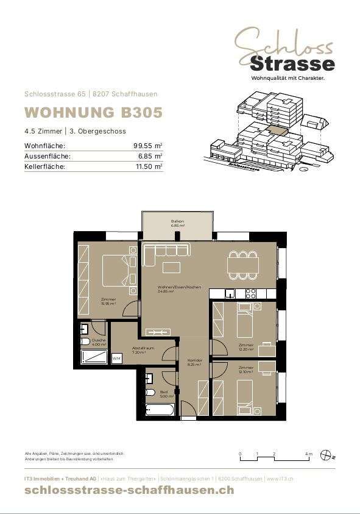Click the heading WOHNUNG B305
pyautogui.click(x=93, y=113)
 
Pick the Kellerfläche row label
pyautogui.click(x=44, y=166)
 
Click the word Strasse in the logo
pyautogui.click(x=292, y=63)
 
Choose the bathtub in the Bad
pyautogui.click(x=160, y=409)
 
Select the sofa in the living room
pyautogui.click(x=166, y=251)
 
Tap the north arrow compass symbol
pyautogui.click(x=327, y=455)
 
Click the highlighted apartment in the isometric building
pyautogui.click(x=278, y=129)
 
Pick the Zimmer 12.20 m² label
pyautogui.click(x=246, y=346)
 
